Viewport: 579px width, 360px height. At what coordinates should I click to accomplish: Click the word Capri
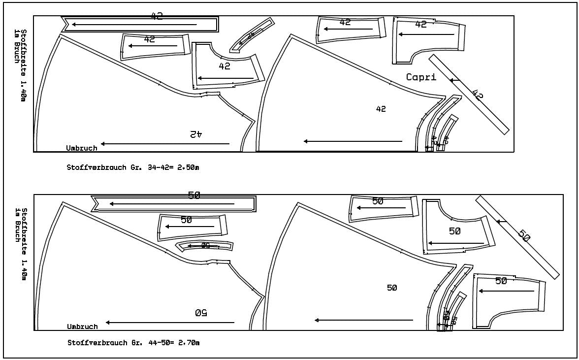point(421,77)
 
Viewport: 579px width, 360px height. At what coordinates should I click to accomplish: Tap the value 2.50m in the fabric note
point(188,167)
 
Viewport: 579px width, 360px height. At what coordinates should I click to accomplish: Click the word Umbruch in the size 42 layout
point(82,148)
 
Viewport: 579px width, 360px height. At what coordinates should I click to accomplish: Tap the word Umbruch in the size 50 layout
point(82,327)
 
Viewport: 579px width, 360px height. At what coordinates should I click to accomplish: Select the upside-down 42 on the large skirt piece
point(196,133)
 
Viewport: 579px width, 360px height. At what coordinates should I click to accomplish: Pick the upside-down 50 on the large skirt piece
point(200,312)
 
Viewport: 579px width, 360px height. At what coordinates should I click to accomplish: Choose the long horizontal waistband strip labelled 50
point(175,203)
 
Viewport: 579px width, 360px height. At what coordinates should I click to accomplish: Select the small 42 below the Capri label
point(381,109)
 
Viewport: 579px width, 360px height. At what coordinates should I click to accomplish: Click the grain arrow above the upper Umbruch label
point(165,144)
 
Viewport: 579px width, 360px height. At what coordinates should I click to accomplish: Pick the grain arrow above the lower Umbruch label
point(170,323)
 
